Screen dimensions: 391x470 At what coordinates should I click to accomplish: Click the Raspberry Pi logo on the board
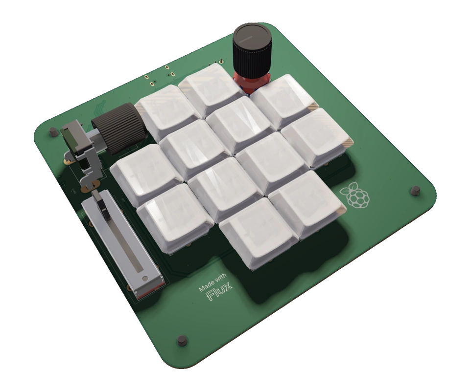coord(357,195)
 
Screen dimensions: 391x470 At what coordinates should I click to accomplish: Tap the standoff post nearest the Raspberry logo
coord(415,190)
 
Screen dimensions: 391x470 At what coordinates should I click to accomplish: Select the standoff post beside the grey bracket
coord(52,131)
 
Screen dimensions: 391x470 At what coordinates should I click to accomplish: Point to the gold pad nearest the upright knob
coord(221,62)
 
